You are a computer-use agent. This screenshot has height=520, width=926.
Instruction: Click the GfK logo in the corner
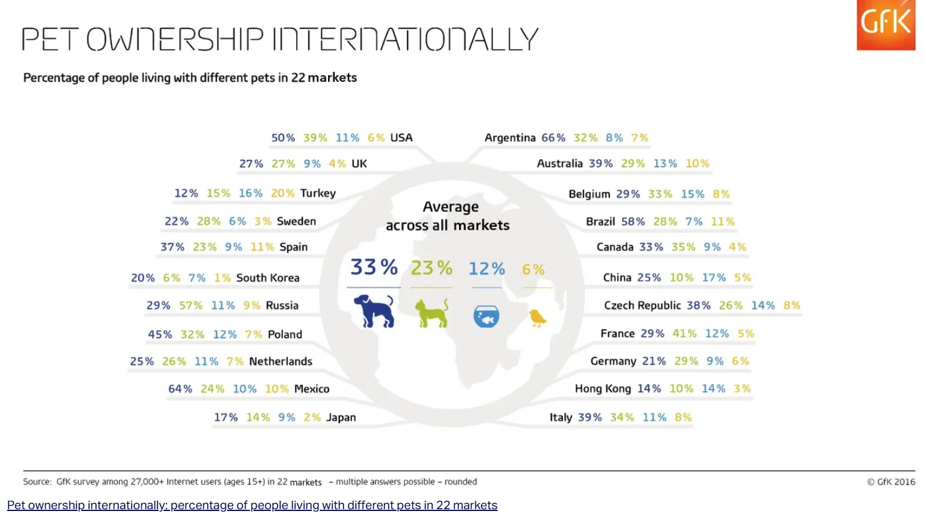pos(885,25)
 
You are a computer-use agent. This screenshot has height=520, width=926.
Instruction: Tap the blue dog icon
pos(374,311)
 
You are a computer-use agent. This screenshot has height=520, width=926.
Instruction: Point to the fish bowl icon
pos(486,316)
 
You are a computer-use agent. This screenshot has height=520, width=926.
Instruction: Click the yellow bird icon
pos(537,317)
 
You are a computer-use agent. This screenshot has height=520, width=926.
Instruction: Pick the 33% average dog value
pos(374,267)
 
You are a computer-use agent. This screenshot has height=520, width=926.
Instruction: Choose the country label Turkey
pos(318,193)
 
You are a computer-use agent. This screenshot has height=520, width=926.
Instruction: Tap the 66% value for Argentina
pos(553,138)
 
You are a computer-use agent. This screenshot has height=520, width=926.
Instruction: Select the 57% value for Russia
pos(190,305)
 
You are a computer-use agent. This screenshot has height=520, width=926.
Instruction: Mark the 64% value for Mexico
pos(180,389)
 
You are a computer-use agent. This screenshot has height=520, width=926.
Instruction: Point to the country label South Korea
pos(267,278)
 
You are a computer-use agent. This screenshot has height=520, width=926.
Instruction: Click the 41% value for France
pos(684,334)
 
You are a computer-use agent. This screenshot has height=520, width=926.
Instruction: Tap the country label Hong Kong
pos(603,389)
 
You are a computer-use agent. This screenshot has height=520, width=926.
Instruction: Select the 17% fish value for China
pos(713,278)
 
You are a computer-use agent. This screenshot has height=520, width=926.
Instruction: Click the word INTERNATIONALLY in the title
pos(406,40)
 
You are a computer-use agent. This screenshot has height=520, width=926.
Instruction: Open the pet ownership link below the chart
pos(252,506)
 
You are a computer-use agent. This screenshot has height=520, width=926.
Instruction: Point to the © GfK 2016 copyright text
pos(891,482)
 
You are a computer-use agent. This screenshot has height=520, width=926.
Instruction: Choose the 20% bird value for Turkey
pos(282,193)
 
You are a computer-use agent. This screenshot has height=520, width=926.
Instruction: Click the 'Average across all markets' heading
pos(448,216)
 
